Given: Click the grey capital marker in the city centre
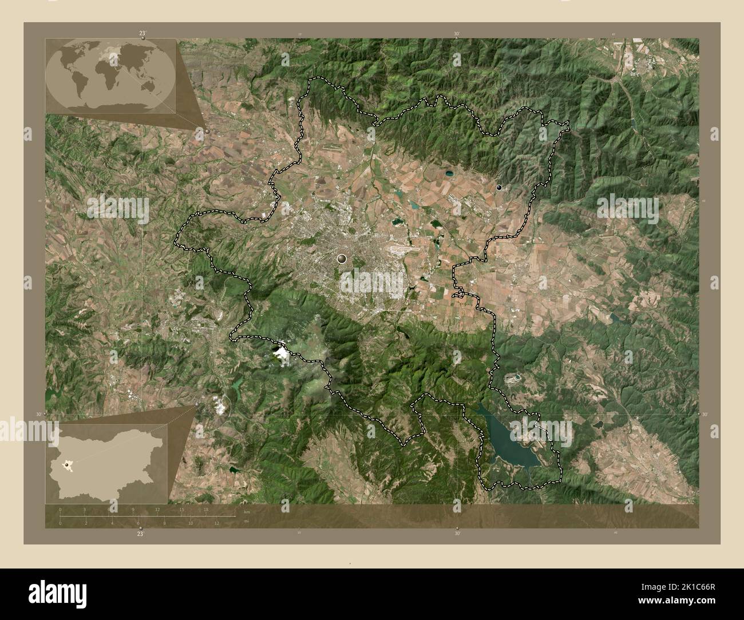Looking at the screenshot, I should point(342,259).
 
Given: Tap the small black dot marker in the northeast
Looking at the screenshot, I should point(499,187).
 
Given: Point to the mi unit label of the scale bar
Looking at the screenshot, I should point(247,521).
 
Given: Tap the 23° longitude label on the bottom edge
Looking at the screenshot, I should point(141,534).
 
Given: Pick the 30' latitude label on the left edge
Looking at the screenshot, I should point(39,414).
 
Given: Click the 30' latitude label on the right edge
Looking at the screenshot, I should point(705,414).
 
